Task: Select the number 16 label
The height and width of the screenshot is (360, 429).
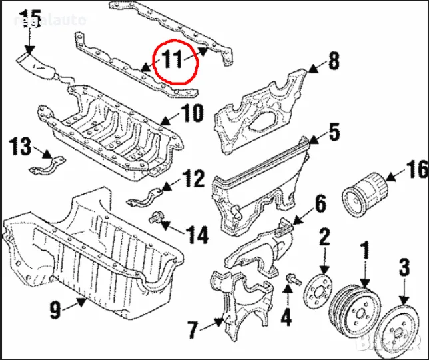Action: click(x=416, y=171)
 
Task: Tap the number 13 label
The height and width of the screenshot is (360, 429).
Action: click(x=20, y=145)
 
